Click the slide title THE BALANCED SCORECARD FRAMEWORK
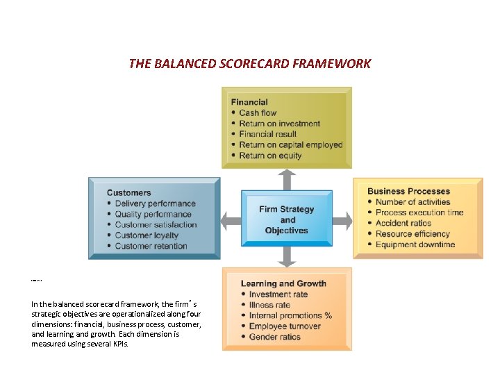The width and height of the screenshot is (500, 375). coord(250,64)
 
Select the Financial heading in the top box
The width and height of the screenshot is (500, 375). coord(249,102)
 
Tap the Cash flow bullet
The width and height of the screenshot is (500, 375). coord(258,112)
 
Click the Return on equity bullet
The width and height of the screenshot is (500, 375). coord(270,156)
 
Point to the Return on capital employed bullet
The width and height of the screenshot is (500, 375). coord(291,145)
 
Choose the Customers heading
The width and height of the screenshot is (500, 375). coord(128,192)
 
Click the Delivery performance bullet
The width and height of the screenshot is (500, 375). coord(155,203)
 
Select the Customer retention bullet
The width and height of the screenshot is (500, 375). coord(151,246)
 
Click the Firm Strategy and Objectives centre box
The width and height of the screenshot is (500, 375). coord(287,219)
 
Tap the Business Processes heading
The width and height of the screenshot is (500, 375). coord(408,191)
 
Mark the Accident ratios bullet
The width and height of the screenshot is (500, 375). coord(403,223)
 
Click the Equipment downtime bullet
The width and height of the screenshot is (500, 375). coord(415,244)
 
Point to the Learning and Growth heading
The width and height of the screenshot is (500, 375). coord(283,283)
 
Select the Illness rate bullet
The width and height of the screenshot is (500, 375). coord(269,305)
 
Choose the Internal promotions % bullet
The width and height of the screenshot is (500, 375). coord(290,315)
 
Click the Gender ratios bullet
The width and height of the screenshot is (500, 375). coord(274,337)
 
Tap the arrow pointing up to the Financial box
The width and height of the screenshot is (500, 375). coord(287,178)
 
